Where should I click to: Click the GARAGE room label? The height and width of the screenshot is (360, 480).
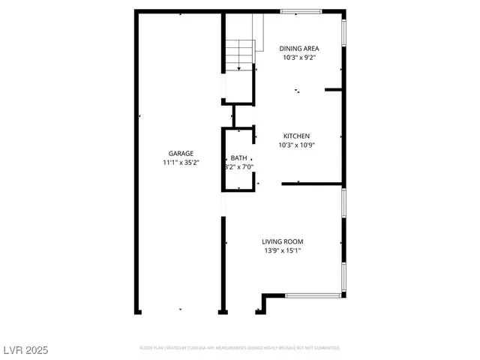181,153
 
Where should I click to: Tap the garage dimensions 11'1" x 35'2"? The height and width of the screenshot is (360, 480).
181,163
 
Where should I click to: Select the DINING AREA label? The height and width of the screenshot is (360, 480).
300,49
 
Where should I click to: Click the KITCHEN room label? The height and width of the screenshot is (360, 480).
296,136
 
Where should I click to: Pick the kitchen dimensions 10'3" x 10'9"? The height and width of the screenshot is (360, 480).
296,145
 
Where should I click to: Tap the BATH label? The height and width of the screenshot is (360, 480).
238,157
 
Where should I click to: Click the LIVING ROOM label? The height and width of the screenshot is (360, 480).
283,241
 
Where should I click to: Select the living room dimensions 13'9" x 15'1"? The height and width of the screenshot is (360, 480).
283,251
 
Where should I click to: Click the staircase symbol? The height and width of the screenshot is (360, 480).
240,53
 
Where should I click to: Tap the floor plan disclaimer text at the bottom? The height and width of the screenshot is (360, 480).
239,348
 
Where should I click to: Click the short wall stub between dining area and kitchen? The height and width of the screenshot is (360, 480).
334,90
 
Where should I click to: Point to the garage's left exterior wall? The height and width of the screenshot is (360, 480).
137,161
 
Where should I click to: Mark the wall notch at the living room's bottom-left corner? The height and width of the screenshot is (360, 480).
264,303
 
